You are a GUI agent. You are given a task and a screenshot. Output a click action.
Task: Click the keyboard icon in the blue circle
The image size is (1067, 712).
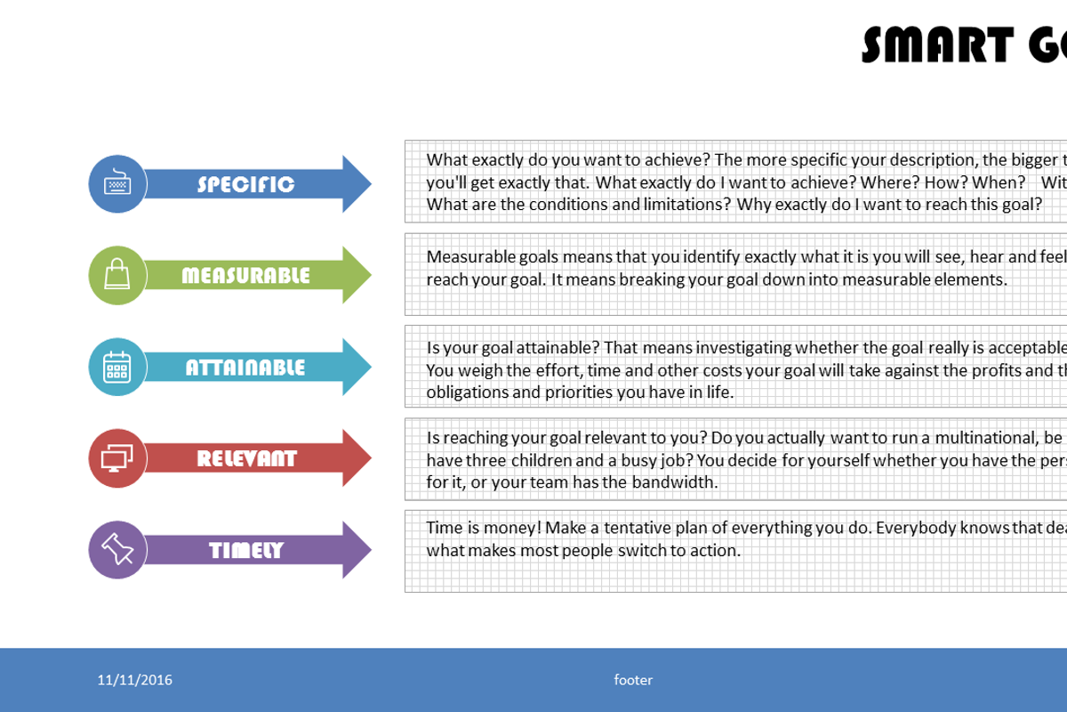coord(117,183)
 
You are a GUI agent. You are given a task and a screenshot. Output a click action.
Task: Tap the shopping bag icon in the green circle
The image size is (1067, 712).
coord(117,274)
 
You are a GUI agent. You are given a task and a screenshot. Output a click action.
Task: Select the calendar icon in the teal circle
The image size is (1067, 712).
coord(117,367)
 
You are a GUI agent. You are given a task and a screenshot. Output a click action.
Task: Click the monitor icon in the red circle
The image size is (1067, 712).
coord(117,458)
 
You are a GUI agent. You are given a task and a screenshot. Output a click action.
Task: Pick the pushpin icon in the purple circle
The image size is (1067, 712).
coord(117,549)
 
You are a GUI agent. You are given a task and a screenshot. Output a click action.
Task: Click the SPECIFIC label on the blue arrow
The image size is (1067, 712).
coord(245,184)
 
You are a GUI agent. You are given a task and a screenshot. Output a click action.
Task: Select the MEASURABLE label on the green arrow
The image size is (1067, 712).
coord(245,276)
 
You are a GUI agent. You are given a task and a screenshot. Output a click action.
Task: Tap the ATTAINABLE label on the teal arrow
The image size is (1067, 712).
coord(245,368)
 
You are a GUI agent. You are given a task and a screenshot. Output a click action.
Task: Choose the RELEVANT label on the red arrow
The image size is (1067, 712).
coord(246,459)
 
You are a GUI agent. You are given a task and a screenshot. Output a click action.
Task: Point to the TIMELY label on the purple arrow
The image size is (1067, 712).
coord(246,551)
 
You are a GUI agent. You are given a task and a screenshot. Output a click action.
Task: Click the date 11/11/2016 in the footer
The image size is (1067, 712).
coord(135,680)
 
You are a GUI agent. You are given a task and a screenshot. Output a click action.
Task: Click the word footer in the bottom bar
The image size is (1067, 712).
coord(633,680)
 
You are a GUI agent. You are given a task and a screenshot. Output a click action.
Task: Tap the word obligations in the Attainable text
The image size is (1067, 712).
coord(468,392)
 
